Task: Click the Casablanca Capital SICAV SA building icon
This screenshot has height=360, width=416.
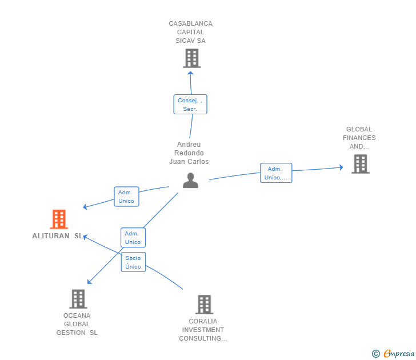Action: point(191,58)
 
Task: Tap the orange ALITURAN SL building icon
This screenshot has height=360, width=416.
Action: point(59,219)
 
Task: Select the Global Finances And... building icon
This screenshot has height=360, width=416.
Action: point(360,164)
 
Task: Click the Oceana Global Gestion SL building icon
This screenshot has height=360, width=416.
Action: point(78,299)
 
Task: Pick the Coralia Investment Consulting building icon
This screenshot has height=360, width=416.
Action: point(204,305)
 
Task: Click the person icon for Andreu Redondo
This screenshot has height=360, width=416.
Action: point(190,180)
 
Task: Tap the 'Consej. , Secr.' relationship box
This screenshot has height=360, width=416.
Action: point(190,105)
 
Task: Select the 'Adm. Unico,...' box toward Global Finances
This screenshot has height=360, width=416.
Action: point(276,173)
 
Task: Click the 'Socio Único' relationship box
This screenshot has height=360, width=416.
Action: point(133,262)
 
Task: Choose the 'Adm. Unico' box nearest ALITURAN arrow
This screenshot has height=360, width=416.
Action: point(126,197)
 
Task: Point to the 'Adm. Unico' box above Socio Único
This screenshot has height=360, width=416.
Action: point(133,238)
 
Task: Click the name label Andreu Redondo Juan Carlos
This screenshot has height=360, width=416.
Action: point(189,153)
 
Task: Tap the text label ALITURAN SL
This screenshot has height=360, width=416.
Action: point(57,236)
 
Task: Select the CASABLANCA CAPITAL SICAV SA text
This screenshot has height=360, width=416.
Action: point(190,32)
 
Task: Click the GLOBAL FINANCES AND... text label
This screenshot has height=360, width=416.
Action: point(359,138)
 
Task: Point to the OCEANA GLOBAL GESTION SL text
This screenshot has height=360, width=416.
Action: point(77,324)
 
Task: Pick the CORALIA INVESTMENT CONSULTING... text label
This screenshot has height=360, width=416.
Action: point(203,330)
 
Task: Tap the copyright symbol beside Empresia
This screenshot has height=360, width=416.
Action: point(375,354)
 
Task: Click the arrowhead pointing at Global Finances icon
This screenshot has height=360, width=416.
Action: point(341,167)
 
